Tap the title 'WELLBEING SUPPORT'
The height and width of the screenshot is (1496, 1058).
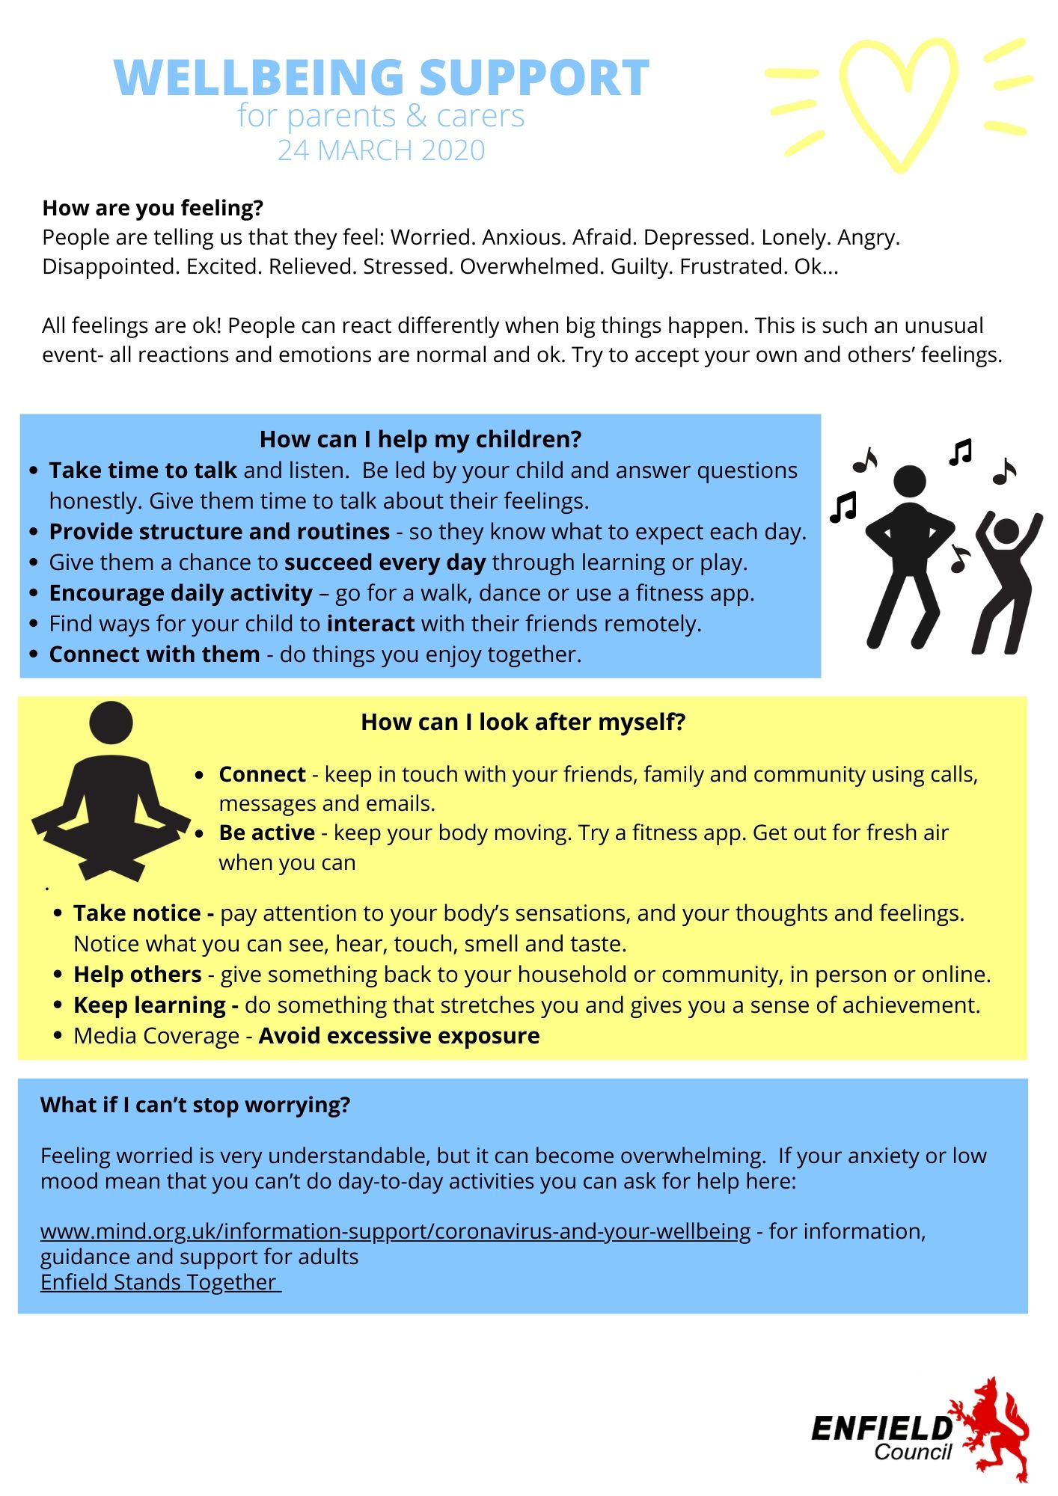[x=382, y=78]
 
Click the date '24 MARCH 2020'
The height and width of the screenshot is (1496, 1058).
[x=382, y=150]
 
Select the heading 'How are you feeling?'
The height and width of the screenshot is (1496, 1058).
[x=153, y=208]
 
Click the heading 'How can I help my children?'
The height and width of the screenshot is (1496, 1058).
[x=421, y=439]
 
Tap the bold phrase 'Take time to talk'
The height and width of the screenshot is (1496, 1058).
[x=143, y=470]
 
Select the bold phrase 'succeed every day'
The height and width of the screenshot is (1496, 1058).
[x=385, y=562]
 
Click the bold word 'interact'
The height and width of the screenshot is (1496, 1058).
[x=370, y=624]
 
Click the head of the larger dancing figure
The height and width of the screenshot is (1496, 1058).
[x=910, y=481]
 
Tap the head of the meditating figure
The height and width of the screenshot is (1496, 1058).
[x=111, y=723]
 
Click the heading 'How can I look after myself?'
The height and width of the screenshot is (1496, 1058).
[x=523, y=722]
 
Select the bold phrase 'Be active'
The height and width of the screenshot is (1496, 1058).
[x=266, y=833]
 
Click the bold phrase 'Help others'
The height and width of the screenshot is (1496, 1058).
[x=138, y=975]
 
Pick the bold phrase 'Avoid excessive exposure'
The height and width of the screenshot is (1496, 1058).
[x=399, y=1036]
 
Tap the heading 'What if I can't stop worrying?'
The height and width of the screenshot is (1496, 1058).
[x=195, y=1105]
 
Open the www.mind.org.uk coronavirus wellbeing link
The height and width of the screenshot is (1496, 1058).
[x=395, y=1231]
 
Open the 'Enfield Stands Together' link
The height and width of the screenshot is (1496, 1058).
[x=159, y=1282]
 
